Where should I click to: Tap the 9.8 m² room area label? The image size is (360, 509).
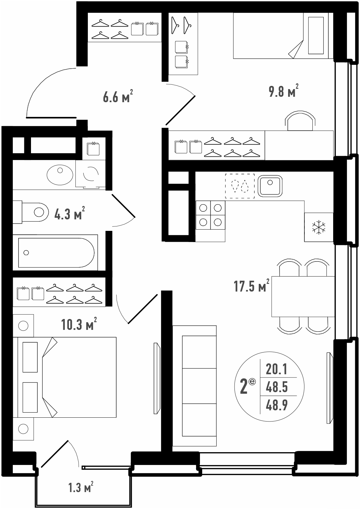pos(284,91)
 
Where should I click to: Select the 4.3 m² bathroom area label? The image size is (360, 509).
pos(70,213)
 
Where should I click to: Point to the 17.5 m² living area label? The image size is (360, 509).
pos(251,285)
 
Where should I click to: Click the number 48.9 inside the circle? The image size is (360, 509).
pos(277,405)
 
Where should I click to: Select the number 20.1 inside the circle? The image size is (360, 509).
pos(277,369)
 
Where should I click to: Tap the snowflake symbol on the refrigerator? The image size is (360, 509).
pos(319,227)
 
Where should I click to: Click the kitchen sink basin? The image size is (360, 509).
pos(270,186)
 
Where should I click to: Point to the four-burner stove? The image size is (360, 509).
pos(211,215)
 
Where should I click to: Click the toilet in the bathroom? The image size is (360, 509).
pos(31,212)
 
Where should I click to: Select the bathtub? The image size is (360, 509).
pos(56,253)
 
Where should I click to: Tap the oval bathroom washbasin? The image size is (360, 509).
pos(60,175)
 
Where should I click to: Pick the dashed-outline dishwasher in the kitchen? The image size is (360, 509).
pos(240,186)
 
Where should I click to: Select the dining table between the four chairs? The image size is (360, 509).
pos(303,296)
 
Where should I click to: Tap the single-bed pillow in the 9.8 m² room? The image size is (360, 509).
pos(316,35)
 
